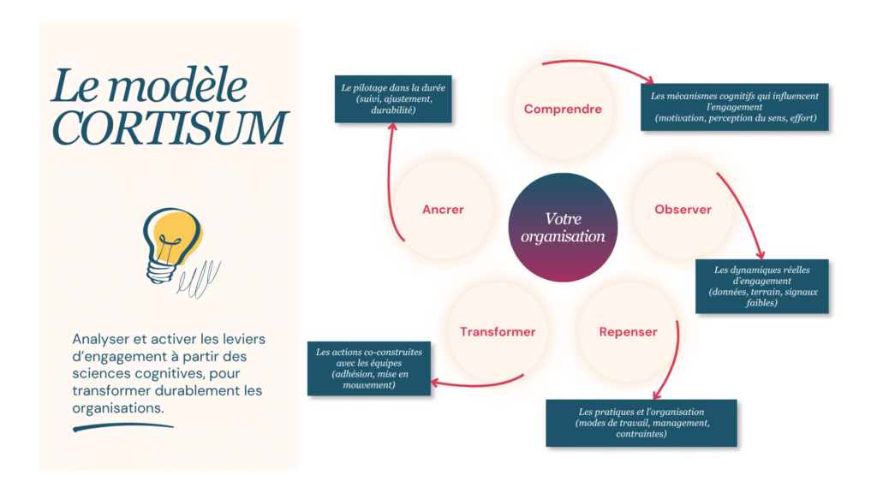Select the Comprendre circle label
point(563,110)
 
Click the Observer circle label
point(683,210)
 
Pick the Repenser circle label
point(628,332)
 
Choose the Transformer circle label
point(498,332)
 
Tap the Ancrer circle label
point(443,210)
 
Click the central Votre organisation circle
point(563,228)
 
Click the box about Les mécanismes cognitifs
point(735,107)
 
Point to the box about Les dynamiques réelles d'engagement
point(761,286)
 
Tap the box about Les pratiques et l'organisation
point(641,423)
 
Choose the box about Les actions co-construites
point(368,369)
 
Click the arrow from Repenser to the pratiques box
point(672,359)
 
